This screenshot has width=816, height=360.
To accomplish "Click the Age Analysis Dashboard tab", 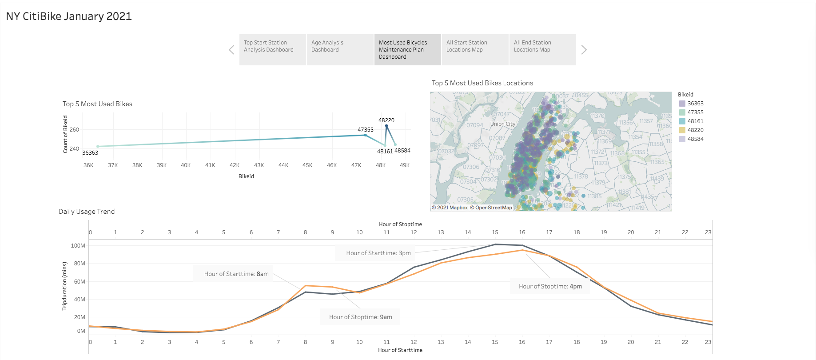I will click(x=340, y=50).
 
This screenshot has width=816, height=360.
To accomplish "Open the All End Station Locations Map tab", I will click(x=542, y=50).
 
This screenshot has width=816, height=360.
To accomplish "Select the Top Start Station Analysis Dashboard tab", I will click(x=272, y=50).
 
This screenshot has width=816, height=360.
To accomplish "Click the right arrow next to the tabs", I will click(x=584, y=50).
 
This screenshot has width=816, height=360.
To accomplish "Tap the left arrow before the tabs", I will click(x=231, y=50).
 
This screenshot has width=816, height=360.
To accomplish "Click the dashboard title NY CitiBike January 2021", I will click(x=69, y=16).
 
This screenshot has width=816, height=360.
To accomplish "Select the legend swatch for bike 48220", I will click(x=682, y=130).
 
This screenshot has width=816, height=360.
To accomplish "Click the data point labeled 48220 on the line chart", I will click(x=386, y=126).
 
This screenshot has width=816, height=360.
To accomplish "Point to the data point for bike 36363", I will click(x=98, y=146).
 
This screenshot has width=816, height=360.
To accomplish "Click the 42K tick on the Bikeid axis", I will click(x=234, y=165).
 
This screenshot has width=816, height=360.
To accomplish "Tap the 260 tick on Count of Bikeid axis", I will click(x=74, y=130).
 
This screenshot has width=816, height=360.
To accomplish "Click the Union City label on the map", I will click(x=502, y=124).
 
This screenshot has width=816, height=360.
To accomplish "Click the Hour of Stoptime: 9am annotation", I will click(x=360, y=317).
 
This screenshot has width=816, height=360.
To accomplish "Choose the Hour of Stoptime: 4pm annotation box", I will click(x=550, y=286).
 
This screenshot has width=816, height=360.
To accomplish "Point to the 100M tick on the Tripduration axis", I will click(x=78, y=245).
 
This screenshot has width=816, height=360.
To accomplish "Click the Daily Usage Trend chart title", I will click(x=87, y=212).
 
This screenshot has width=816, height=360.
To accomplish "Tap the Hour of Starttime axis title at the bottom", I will click(x=400, y=350).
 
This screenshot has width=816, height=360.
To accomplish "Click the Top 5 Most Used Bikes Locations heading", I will click(x=482, y=83).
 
